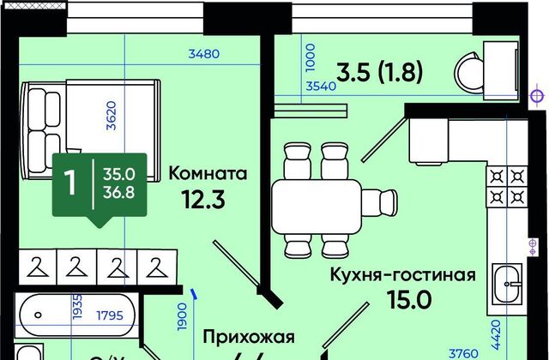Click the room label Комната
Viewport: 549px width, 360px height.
208,173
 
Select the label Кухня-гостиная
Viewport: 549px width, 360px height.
404,275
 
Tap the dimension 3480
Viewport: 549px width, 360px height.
204,53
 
